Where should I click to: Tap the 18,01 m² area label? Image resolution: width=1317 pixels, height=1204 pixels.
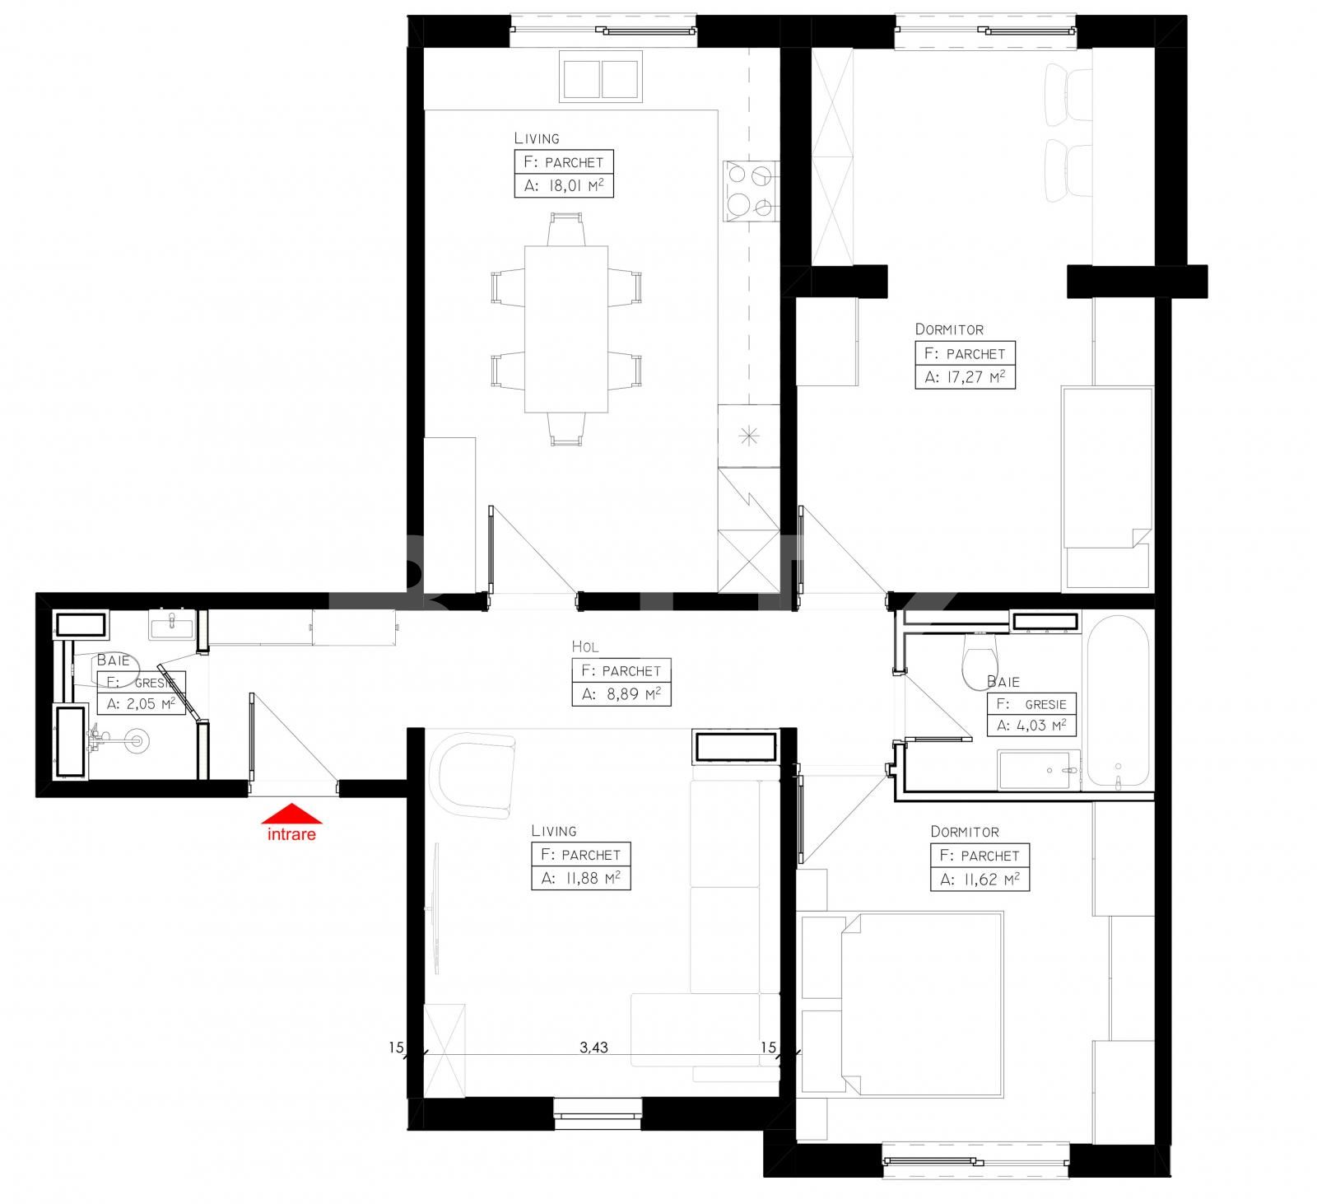click(x=564, y=186)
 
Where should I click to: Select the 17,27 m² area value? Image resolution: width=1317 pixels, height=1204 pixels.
click(x=965, y=378)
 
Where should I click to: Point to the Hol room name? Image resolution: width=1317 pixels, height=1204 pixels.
click(x=585, y=647)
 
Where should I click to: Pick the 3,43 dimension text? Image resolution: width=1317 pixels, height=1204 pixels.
click(x=593, y=1048)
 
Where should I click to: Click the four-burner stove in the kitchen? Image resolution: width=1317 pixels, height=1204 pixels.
click(x=750, y=191)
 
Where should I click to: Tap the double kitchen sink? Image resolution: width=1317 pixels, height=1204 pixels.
click(x=601, y=77)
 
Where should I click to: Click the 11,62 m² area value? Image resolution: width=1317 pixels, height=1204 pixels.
click(x=980, y=880)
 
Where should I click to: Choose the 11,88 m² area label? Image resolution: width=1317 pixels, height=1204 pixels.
click(x=580, y=879)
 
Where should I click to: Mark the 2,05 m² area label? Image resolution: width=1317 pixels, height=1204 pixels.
click(x=141, y=704)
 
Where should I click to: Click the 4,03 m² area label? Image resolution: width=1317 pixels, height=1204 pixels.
click(x=1031, y=726)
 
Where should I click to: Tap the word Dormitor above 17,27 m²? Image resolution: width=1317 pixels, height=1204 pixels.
click(x=949, y=329)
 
